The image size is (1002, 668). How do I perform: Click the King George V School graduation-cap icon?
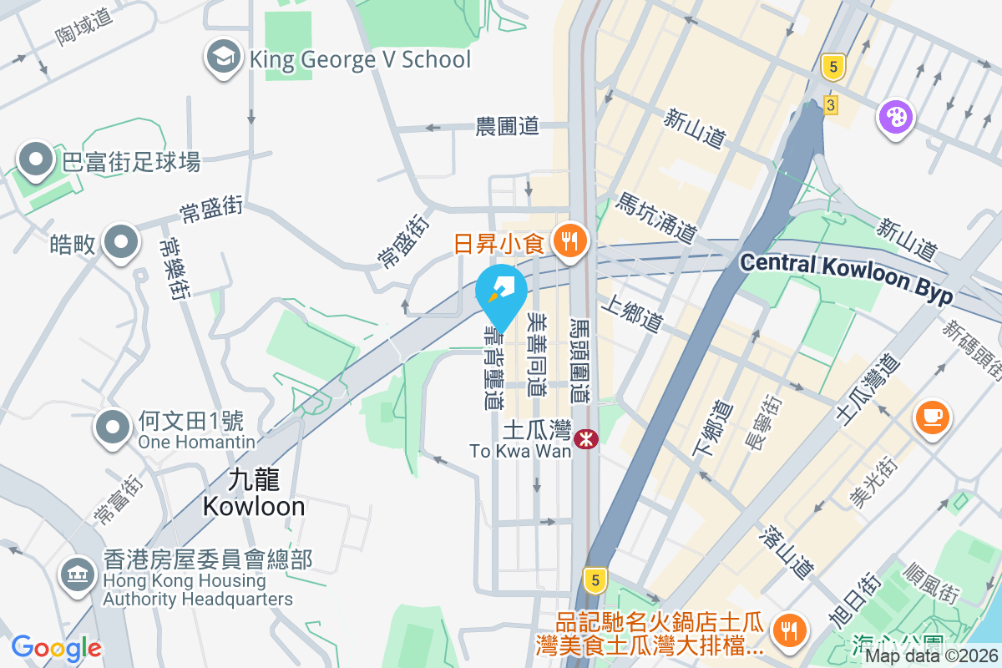[x=222, y=58]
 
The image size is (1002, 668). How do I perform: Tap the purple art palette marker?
[x=894, y=115]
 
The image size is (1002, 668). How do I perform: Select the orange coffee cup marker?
[x=933, y=415]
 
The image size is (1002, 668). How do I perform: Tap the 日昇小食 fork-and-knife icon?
[x=571, y=240]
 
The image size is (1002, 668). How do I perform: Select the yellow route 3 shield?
[x=830, y=105]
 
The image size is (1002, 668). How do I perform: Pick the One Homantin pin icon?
[x=114, y=427]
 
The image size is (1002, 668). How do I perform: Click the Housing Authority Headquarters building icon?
[x=78, y=574]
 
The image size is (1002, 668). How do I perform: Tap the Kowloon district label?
[x=253, y=493]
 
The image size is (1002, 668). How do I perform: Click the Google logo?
[x=57, y=647]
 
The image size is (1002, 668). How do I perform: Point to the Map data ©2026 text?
[x=931, y=656]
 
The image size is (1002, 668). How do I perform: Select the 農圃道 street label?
[x=508, y=126]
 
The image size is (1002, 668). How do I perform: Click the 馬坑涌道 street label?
[x=655, y=218]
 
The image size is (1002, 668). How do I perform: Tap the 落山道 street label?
[x=787, y=552]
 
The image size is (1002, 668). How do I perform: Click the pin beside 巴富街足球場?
[x=37, y=159]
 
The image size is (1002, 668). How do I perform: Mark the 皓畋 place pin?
[x=121, y=243]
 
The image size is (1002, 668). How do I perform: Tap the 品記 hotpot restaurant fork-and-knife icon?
[x=787, y=630]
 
